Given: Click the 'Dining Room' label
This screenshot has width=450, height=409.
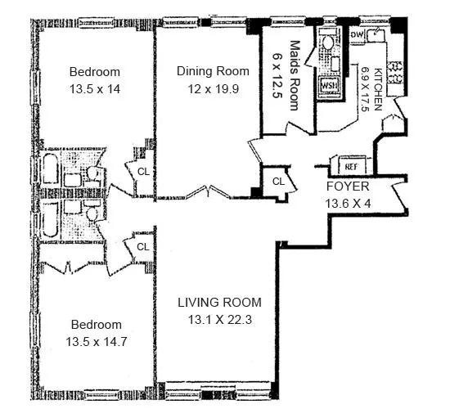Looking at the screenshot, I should pos(207,71).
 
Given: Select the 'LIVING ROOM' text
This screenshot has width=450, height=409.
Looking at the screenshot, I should pos(214,303).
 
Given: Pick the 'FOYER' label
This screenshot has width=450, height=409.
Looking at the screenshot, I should pos(343,186).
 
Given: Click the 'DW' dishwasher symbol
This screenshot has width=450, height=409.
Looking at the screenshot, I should pos(357,35).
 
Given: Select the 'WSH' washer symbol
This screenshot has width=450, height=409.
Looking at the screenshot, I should pos(329,84).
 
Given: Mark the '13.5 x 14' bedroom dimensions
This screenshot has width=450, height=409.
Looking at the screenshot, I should pos(95,88).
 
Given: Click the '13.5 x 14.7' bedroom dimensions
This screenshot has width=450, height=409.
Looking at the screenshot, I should pos(95,341).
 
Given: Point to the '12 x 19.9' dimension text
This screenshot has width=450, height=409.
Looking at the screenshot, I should pos(207,88).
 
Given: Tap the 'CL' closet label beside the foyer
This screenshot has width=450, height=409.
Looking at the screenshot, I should pos(277,181).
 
